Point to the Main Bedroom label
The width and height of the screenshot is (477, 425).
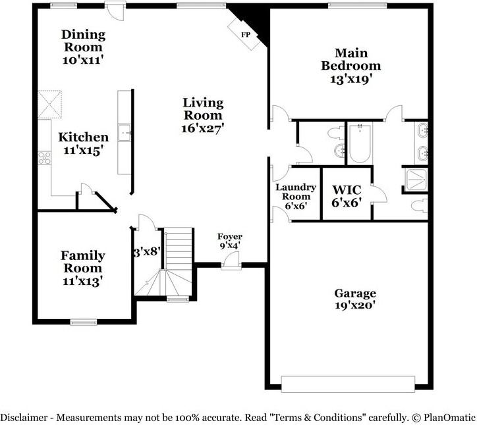point(351,66)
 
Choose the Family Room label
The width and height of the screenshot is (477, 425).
point(82,268)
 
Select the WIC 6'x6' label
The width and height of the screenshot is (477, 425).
point(345,195)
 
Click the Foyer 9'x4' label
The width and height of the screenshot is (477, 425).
point(230,241)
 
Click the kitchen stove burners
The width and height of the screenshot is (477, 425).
point(44,158)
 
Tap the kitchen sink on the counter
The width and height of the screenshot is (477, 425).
point(124,134)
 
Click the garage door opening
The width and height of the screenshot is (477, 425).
point(348,383)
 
